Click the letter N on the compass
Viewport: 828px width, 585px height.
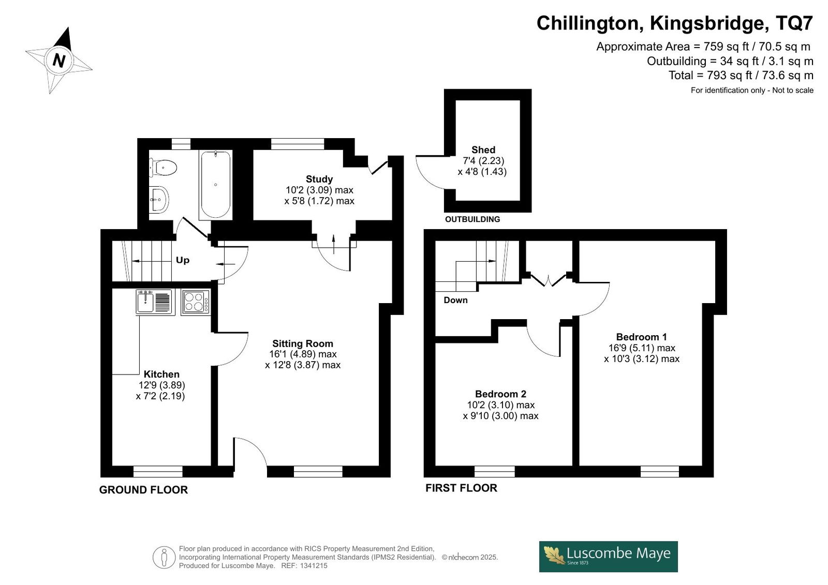point(59,60)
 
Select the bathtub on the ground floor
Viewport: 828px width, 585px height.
point(215,185)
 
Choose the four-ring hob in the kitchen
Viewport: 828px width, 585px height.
point(196,302)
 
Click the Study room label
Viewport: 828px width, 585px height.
point(319,179)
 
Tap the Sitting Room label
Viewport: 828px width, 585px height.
point(303,343)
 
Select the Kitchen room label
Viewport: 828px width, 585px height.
point(161,374)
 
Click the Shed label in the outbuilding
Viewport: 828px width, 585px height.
point(483,149)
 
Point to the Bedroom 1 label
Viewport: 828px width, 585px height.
point(641,337)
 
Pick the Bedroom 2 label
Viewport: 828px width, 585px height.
point(500,394)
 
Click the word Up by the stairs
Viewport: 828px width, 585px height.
point(183,260)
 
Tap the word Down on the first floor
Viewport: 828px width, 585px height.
point(455,300)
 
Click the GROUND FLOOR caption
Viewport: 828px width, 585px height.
point(143,490)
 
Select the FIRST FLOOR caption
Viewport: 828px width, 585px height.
point(461,488)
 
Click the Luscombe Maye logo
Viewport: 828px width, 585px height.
point(609,557)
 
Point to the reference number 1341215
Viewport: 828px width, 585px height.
point(313,566)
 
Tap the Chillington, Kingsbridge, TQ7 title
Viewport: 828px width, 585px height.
point(675,23)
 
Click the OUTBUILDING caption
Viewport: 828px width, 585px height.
point(472,219)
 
